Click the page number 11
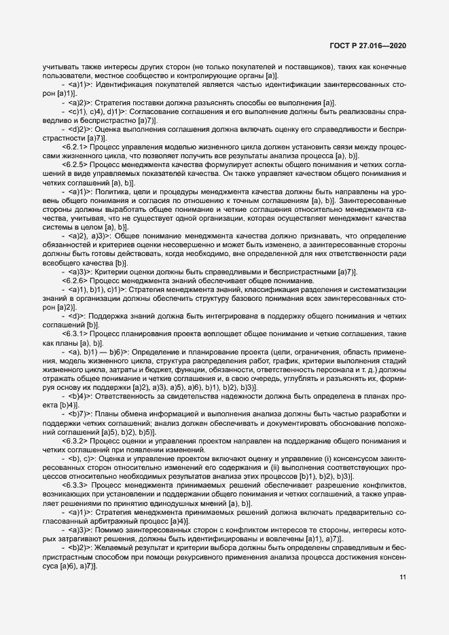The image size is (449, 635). click(403, 578)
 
